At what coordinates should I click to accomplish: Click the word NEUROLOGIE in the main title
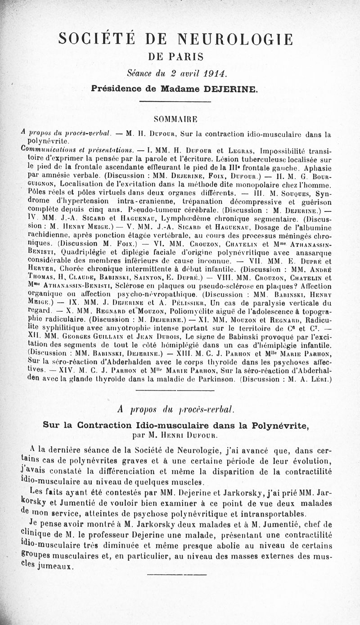(235, 40)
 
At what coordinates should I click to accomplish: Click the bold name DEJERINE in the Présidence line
(230, 89)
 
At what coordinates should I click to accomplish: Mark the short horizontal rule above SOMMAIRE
(175, 103)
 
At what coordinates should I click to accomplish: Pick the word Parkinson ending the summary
(216, 379)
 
